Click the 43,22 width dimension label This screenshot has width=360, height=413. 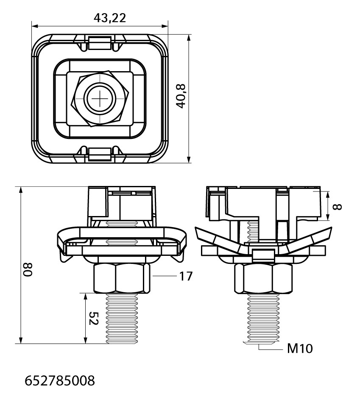[x=110, y=18]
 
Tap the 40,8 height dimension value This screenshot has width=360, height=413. [x=181, y=96]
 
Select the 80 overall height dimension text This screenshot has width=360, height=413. [x=27, y=269]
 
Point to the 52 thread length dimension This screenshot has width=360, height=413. [x=94, y=318]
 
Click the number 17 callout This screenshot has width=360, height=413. [x=186, y=276]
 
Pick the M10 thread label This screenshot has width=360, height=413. [x=300, y=349]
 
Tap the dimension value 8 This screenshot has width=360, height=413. [x=338, y=207]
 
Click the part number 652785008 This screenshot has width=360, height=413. [x=60, y=381]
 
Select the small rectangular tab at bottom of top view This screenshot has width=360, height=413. [x=99, y=154]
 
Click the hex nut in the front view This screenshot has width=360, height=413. [x=122, y=278]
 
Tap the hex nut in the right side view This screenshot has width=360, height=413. [x=263, y=278]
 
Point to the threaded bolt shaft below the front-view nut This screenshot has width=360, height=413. [x=122, y=319]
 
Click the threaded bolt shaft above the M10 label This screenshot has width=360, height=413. [x=263, y=319]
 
